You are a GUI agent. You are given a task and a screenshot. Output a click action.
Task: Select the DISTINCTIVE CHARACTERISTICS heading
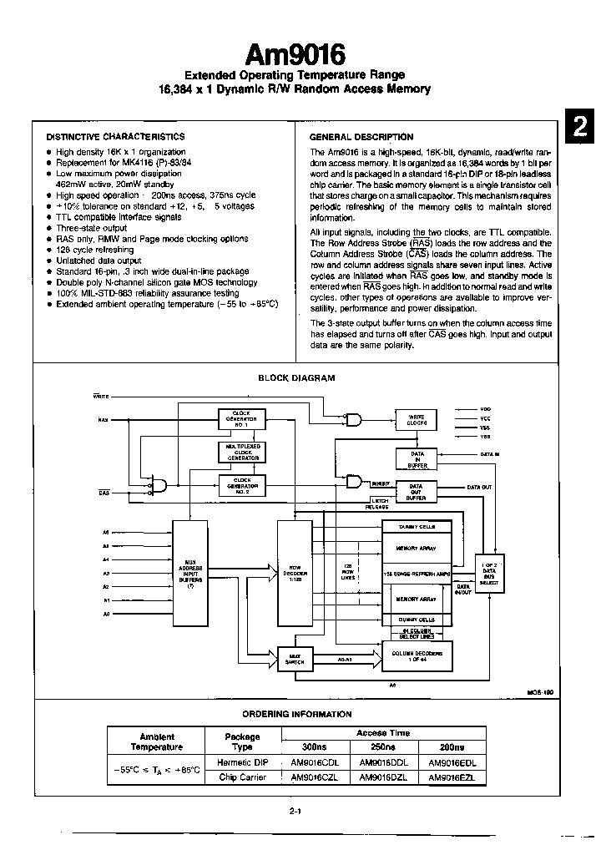click(115, 136)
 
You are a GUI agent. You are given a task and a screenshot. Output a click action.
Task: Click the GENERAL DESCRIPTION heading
click(361, 136)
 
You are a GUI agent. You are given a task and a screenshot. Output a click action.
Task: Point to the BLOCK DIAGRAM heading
click(296, 377)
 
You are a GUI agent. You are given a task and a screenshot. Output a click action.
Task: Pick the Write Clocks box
click(417, 419)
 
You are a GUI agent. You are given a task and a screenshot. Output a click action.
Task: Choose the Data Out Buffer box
click(417, 491)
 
